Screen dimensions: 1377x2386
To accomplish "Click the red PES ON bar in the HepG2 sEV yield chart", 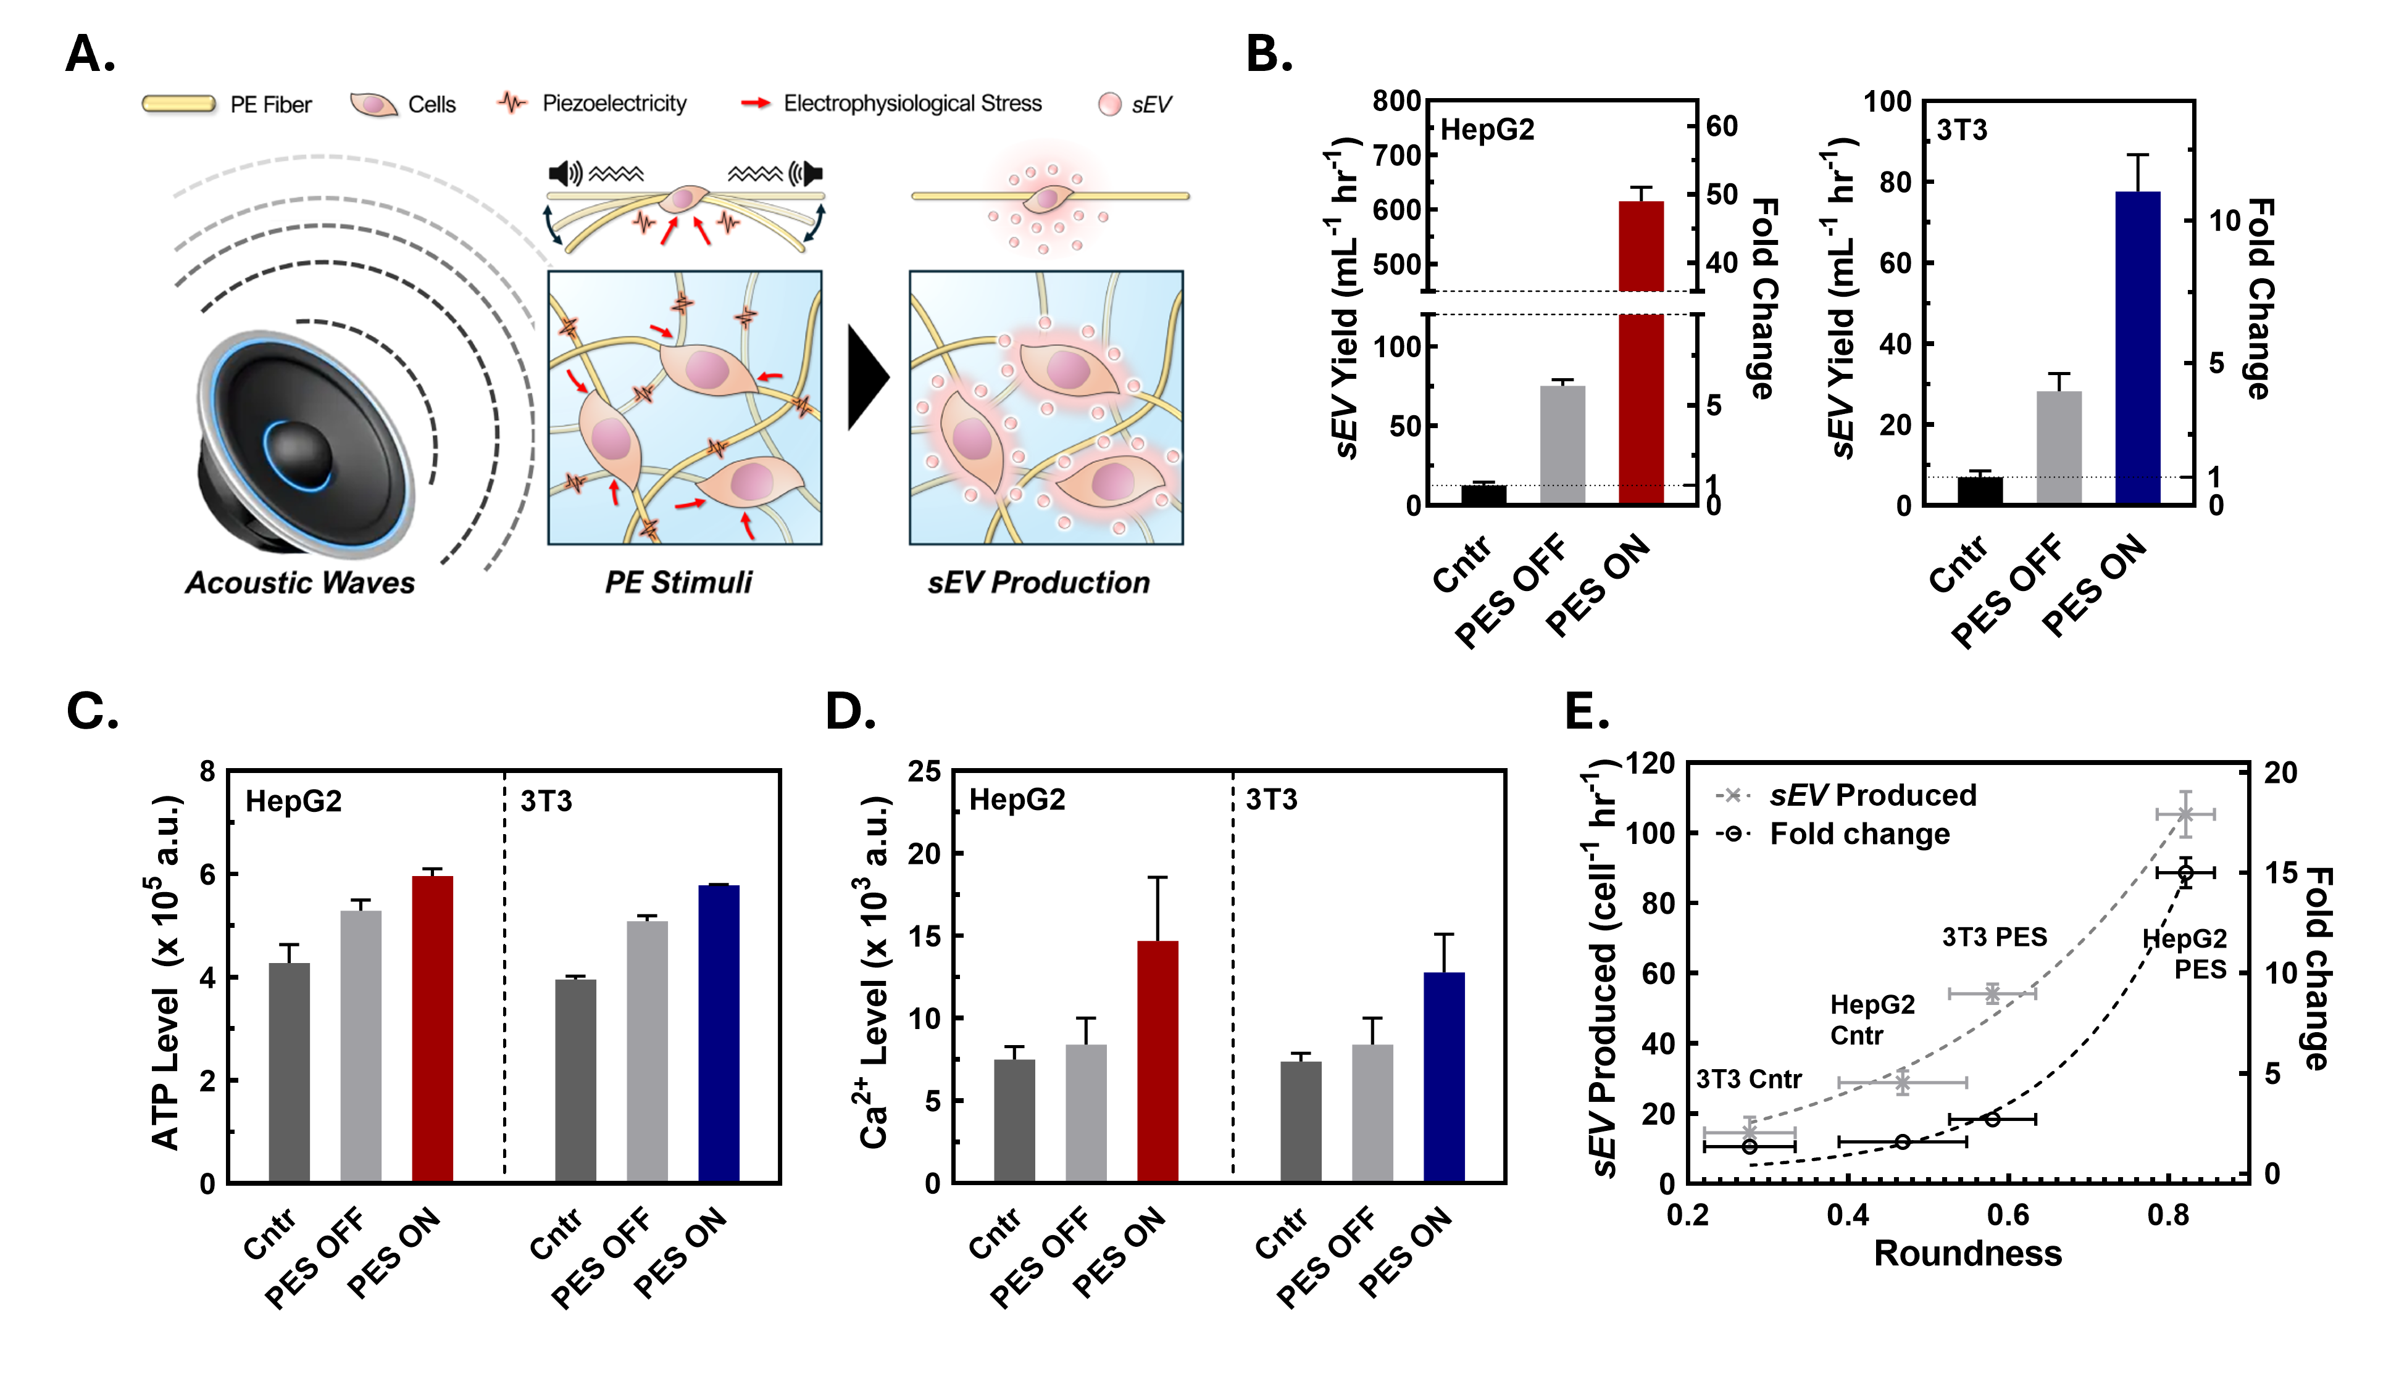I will click(1640, 397).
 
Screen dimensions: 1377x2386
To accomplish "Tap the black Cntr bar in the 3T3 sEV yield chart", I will click(1979, 491).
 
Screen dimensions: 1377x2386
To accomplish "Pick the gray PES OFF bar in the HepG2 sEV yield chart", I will click(1562, 444).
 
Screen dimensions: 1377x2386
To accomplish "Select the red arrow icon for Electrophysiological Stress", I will click(755, 103).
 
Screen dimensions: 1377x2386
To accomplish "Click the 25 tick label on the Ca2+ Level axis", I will click(924, 772).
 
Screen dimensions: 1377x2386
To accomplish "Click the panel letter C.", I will click(92, 711).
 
